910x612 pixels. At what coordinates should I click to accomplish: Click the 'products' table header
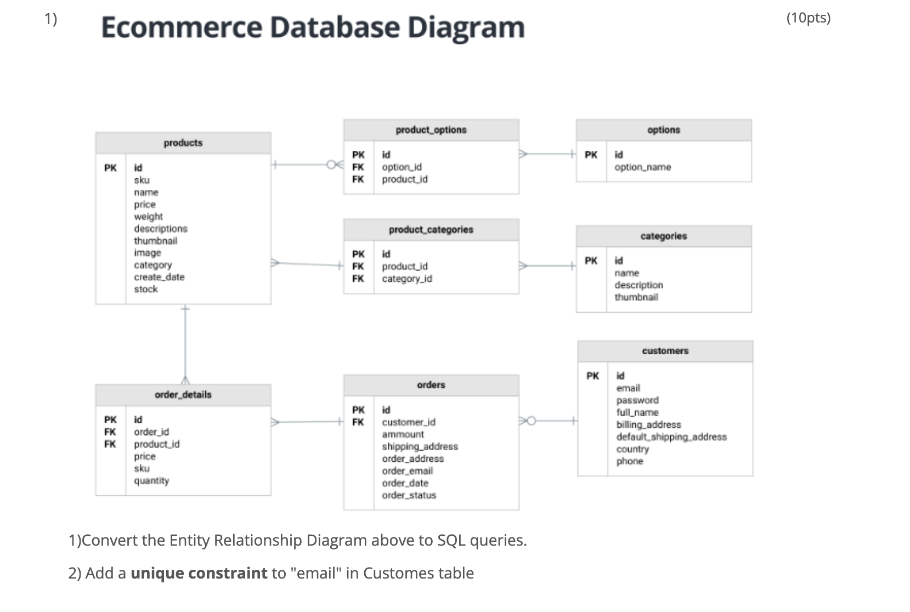point(183,143)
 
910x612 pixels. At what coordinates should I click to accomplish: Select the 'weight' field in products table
point(148,217)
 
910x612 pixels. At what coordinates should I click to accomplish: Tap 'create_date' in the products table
point(159,277)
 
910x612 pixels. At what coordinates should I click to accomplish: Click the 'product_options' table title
point(431,130)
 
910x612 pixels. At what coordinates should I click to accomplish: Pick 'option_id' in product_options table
point(402,167)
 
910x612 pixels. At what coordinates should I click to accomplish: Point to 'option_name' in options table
point(642,167)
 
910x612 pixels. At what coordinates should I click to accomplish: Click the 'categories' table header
point(663,236)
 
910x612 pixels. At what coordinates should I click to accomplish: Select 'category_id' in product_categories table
point(406,279)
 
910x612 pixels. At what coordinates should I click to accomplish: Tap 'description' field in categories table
point(638,285)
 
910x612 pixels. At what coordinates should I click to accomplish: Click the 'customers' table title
point(665,351)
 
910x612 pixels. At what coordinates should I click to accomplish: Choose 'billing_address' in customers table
point(648,424)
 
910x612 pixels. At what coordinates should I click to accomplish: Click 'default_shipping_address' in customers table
point(671,437)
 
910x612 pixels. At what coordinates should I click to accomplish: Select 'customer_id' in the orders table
point(408,422)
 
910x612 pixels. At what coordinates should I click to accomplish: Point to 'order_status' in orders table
point(409,495)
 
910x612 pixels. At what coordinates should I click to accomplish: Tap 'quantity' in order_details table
point(151,481)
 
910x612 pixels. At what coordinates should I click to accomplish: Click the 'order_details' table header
point(183,395)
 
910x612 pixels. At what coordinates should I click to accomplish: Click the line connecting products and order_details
point(185,345)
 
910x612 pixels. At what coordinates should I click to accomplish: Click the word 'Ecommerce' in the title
point(182,27)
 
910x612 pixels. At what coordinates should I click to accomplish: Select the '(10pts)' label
point(808,18)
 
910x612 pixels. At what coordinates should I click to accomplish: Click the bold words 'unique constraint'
point(199,573)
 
